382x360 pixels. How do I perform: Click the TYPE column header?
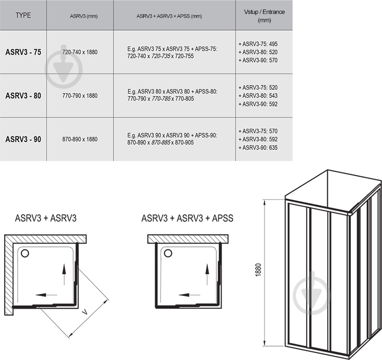[x=23, y=15]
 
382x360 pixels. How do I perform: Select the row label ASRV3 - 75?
[x=23, y=52]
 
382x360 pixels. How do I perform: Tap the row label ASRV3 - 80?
[x=23, y=95]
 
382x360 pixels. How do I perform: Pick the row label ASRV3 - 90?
[x=23, y=139]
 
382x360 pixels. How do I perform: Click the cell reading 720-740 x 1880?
[x=80, y=52]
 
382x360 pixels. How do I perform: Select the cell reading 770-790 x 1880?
[x=80, y=95]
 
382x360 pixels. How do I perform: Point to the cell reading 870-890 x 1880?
[x=80, y=139]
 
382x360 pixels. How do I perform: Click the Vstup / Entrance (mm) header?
[x=265, y=16]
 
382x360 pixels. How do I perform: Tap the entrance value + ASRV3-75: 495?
[x=258, y=44]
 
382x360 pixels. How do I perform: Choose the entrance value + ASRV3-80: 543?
[x=258, y=95]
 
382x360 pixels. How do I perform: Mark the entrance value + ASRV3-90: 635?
[x=258, y=148]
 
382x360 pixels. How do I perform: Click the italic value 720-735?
[x=161, y=56]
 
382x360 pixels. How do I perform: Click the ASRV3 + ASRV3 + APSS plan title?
[x=187, y=218]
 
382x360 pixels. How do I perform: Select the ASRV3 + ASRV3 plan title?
[x=46, y=218]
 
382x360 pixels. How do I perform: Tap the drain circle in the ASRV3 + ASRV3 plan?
[x=25, y=254]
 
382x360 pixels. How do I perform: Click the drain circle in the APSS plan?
[x=168, y=253]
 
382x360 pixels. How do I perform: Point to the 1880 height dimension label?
[x=258, y=270]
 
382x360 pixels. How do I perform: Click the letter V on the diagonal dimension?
[x=85, y=312]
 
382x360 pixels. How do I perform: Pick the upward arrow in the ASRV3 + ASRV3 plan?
[x=64, y=274]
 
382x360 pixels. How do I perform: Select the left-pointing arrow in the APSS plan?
[x=189, y=295]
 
